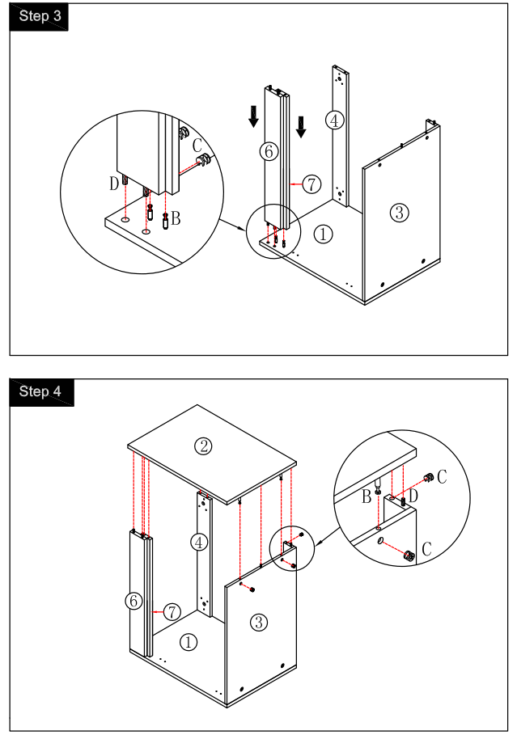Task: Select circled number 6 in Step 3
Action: tap(269, 150)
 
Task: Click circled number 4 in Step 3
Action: tap(334, 120)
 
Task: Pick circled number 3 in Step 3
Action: tap(399, 213)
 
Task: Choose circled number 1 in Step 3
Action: tap(323, 234)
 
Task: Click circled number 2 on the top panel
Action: tap(204, 445)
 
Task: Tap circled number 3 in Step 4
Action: tap(258, 622)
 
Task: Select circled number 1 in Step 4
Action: tap(188, 642)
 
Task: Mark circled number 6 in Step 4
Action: tap(134, 601)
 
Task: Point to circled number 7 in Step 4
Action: tap(172, 612)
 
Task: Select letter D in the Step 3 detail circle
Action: tap(114, 184)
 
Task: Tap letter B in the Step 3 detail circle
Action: tap(176, 218)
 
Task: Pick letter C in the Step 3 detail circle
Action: tap(197, 146)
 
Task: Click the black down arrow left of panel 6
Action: tap(254, 116)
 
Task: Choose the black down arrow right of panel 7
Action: tap(301, 126)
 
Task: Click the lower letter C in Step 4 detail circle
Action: tap(428, 549)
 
